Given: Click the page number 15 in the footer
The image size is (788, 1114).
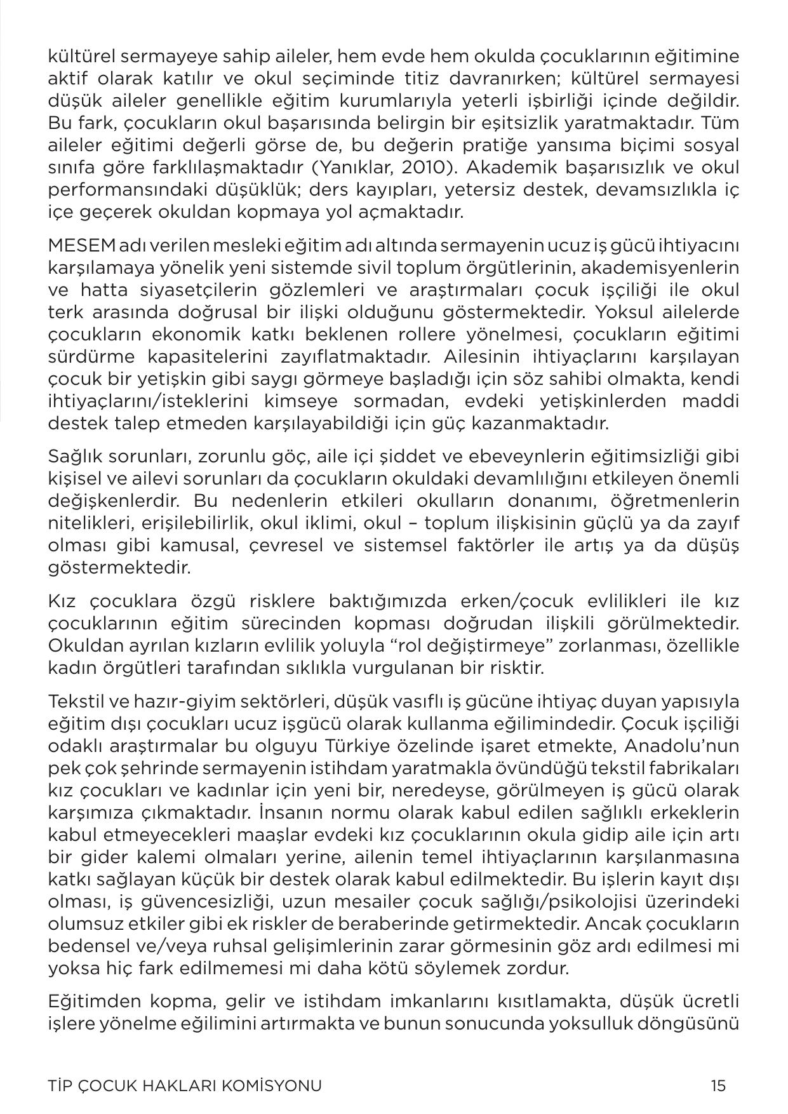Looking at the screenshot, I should pyautogui.click(x=718, y=1085).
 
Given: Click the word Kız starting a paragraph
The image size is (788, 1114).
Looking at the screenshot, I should pyautogui.click(x=60, y=601).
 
